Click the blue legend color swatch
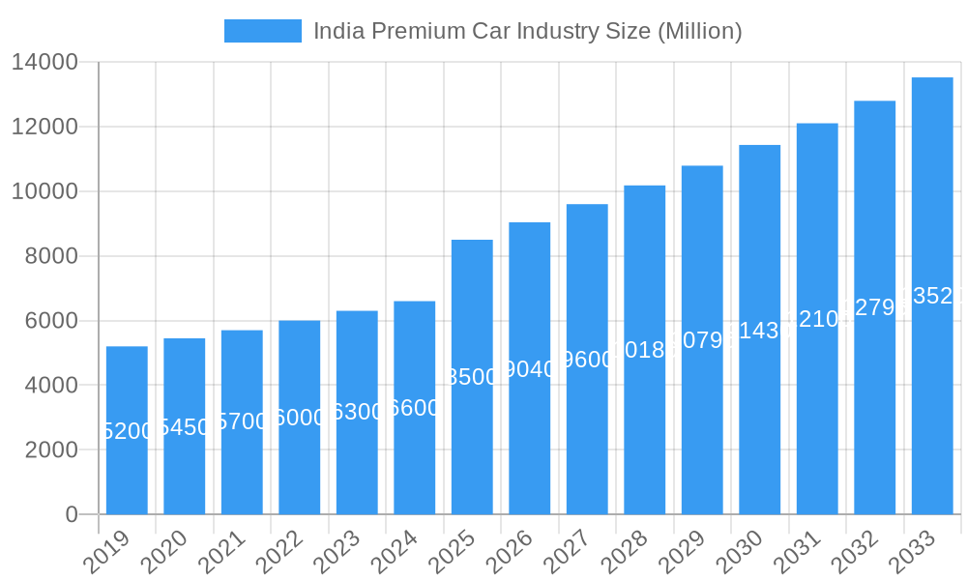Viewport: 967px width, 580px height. [263, 31]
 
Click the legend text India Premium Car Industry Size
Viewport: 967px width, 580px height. [527, 31]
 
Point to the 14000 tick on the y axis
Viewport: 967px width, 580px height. [44, 63]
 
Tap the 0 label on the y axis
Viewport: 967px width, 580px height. [72, 514]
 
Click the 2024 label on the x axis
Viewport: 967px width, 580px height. [397, 552]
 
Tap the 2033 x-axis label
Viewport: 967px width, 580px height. [915, 552]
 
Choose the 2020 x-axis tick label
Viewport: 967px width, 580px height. [167, 552]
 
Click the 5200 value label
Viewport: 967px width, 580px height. [127, 431]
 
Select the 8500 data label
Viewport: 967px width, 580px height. [472, 377]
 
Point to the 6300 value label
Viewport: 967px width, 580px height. [357, 412]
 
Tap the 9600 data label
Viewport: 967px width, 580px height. [587, 360]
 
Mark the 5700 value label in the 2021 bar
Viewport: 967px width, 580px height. [242, 421]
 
